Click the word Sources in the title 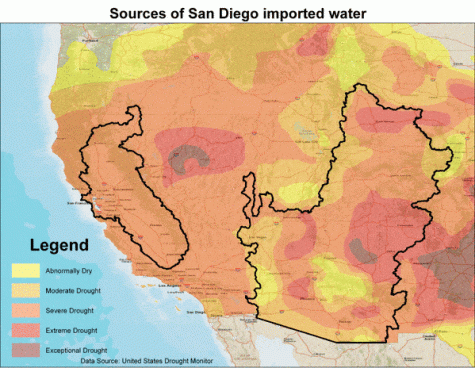point(140,13)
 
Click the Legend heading point(59,245)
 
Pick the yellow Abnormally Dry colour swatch point(25,270)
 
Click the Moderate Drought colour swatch point(25,289)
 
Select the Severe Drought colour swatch point(25,309)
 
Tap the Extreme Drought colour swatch point(25,328)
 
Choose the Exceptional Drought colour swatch point(25,348)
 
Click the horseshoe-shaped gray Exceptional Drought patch point(189,156)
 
